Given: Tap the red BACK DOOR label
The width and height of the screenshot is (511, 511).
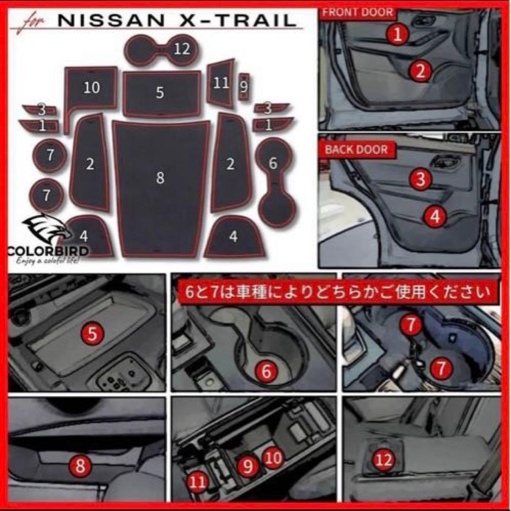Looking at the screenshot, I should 356,150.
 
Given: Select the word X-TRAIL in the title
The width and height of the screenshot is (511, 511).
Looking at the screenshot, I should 242,21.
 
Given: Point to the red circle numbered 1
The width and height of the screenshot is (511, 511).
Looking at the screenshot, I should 398,34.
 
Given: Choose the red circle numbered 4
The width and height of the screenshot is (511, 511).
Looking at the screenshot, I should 435,216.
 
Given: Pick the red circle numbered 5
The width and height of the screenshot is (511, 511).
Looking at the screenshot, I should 93,334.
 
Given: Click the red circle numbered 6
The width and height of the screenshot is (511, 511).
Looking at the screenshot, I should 266,372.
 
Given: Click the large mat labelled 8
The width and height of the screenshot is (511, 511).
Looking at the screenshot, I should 160,189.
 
